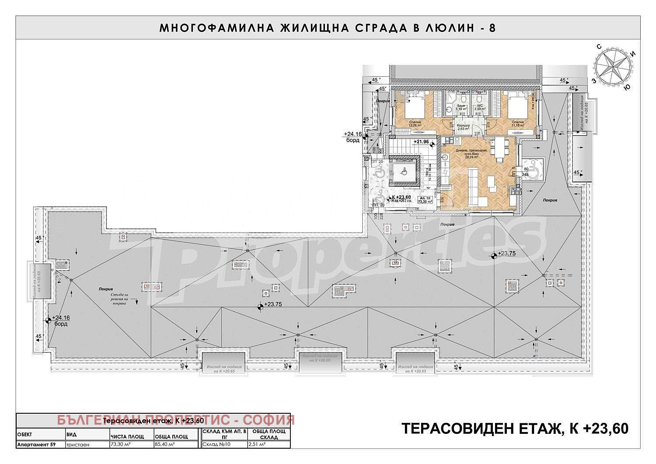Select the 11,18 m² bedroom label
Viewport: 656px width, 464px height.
tap(518, 124)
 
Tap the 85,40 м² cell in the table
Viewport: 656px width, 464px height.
tap(164, 444)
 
